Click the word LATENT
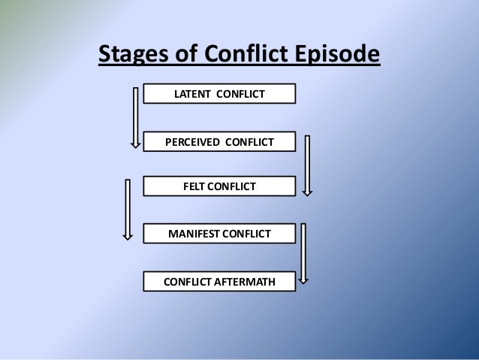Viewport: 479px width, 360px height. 193,94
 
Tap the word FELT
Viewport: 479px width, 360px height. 195,186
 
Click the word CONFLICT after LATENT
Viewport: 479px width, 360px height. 243,94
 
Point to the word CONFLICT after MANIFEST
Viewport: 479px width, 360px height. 249,234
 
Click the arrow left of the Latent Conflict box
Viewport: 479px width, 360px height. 136,116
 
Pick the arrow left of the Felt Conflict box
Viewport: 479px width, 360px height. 128,209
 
